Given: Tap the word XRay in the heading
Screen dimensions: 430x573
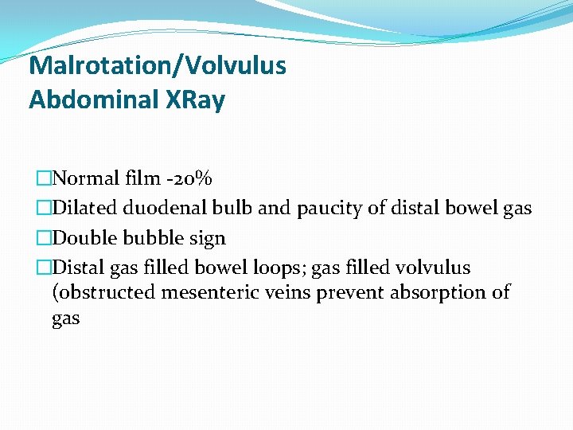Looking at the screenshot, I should (196, 100).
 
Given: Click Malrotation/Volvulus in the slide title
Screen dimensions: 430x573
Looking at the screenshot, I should (157, 64).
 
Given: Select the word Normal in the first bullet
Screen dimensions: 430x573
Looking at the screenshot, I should (85, 178).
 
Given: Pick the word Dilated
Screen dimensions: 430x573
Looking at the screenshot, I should (82, 208).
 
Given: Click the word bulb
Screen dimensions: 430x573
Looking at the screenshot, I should (232, 208).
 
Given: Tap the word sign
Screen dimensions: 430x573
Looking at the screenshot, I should (206, 239).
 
